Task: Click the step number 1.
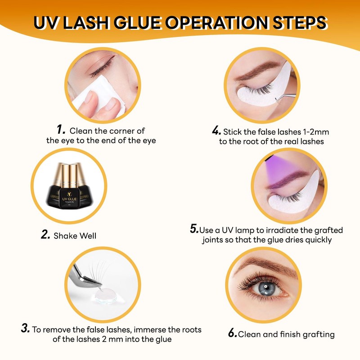61,130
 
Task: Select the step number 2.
45,234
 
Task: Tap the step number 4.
216,131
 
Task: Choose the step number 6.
232,333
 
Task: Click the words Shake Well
75,235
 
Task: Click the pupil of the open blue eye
266,287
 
